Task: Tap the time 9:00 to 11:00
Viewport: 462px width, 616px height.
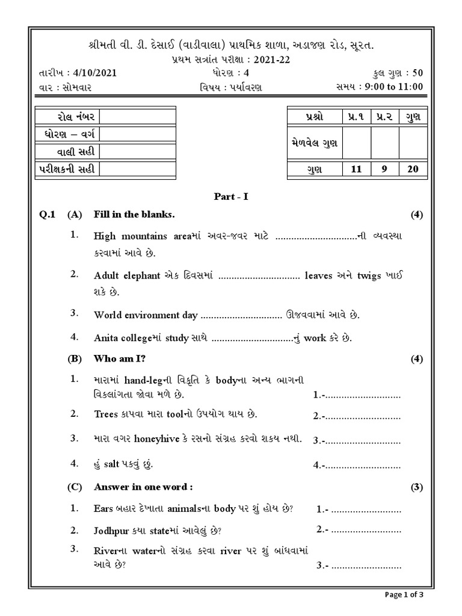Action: tap(393, 87)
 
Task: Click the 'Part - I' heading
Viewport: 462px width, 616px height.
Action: tap(231, 197)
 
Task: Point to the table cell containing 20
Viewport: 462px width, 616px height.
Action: tap(412, 169)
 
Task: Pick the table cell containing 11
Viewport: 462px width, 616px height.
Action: tap(356, 169)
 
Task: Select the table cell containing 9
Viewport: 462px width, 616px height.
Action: tap(384, 169)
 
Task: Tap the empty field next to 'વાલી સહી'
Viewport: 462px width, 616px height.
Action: tap(138, 152)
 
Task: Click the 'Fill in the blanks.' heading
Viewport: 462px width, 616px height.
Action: tap(134, 214)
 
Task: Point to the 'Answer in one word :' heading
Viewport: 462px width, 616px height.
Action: tap(143, 486)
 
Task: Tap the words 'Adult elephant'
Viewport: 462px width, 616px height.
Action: tap(127, 276)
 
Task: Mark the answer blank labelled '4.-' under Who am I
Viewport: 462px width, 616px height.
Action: tap(357, 465)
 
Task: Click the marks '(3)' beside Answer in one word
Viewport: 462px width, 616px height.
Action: tap(417, 487)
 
